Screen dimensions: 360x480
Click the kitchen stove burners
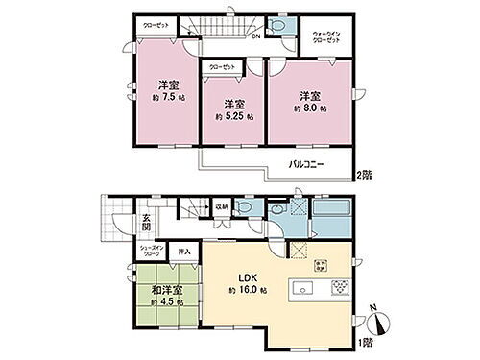340,288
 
